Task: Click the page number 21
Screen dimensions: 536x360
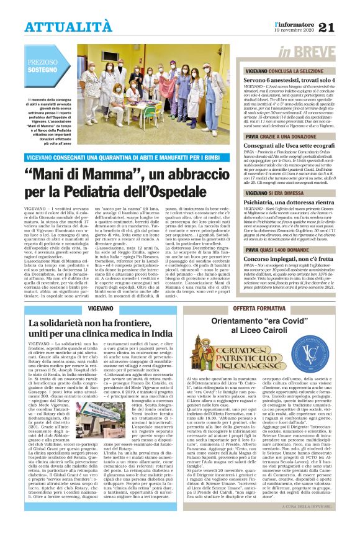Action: coord(344,25)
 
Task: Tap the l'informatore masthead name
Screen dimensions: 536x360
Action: coord(295,22)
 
